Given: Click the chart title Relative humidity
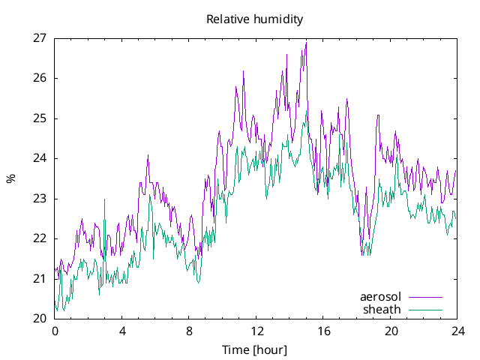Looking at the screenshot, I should (x=254, y=19).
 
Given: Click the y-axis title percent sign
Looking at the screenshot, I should (x=10, y=178).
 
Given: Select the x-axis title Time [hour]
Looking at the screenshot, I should (x=254, y=350).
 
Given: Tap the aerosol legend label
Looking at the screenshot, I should (x=380, y=297).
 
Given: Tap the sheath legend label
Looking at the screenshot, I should (x=382, y=309).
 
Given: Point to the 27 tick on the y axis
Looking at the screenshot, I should (x=40, y=37).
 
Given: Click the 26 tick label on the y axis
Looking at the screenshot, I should (x=40, y=78).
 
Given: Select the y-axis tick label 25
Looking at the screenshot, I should (x=40, y=118).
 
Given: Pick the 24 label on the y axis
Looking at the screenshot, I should (x=40, y=158).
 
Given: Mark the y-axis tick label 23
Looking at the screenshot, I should (x=40, y=199).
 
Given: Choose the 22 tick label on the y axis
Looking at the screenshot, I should (x=40, y=238).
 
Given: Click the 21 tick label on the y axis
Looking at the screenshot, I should (x=40, y=279).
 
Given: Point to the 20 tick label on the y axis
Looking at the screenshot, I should (x=40, y=319).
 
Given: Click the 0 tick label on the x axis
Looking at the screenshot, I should (x=55, y=331).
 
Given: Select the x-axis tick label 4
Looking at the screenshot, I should (x=121, y=331).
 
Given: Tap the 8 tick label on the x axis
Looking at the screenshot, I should (x=189, y=331).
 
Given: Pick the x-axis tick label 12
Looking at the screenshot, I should (x=256, y=331).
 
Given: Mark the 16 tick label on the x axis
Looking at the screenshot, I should (x=323, y=331).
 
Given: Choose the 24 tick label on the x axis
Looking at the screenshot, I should (x=458, y=331).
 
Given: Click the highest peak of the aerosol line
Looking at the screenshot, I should (x=306, y=43).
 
